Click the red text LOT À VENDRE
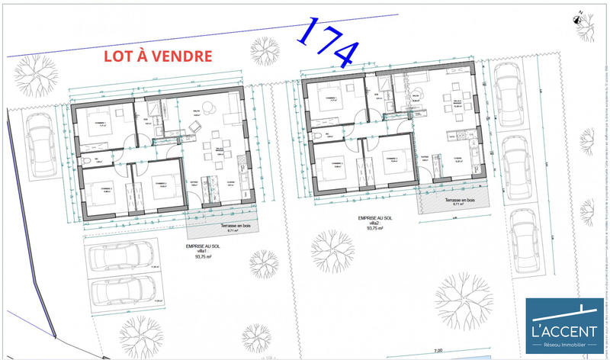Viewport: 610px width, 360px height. [x=158, y=56]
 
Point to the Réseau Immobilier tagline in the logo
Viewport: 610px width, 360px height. [x=565, y=345]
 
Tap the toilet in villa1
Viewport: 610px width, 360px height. [x=89, y=161]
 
